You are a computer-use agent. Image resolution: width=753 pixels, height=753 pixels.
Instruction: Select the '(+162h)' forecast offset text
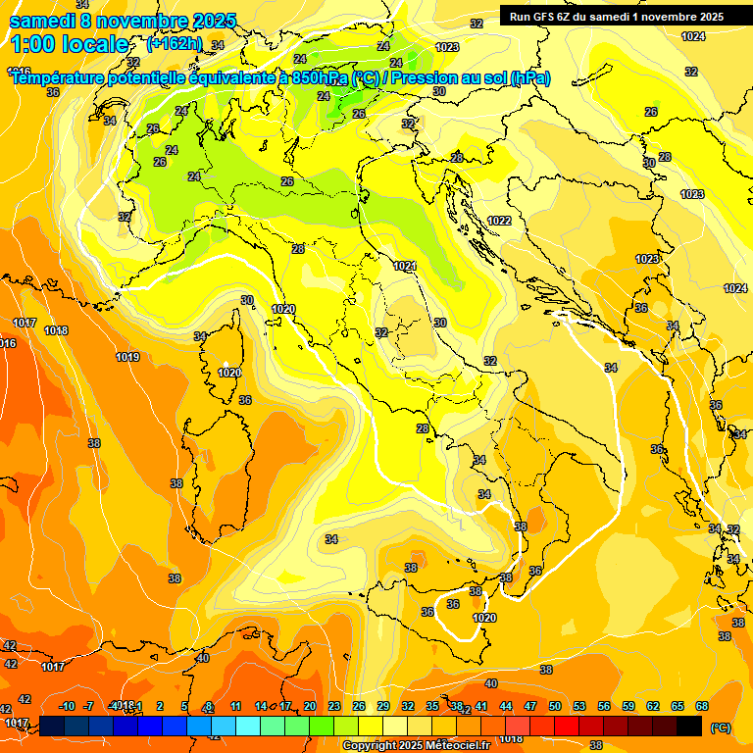tap(175, 44)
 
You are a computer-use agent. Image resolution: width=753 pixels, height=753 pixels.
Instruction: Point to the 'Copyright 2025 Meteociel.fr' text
tap(417, 746)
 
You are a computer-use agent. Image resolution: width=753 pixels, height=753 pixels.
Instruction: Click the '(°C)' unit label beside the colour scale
tap(721, 728)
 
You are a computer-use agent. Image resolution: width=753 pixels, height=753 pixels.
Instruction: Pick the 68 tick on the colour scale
tap(702, 706)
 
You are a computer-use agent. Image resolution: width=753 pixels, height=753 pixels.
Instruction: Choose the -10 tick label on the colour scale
tap(67, 706)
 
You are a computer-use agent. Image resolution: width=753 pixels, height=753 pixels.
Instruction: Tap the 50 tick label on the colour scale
tap(555, 706)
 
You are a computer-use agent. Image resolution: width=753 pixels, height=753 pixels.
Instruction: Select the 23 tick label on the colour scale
tap(334, 706)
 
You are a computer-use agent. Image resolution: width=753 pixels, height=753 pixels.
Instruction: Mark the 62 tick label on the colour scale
tap(653, 706)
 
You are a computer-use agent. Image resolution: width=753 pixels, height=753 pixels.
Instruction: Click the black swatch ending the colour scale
tap(689, 726)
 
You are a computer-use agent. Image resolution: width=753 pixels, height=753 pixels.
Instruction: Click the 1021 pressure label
tap(405, 266)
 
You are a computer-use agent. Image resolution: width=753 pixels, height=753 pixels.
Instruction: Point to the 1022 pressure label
tap(499, 221)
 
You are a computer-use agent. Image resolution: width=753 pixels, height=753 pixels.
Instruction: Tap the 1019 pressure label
tap(127, 357)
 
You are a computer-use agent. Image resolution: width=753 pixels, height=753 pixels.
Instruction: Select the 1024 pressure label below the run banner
tap(693, 36)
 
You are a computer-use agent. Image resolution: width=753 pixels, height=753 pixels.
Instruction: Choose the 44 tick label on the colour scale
tap(506, 706)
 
